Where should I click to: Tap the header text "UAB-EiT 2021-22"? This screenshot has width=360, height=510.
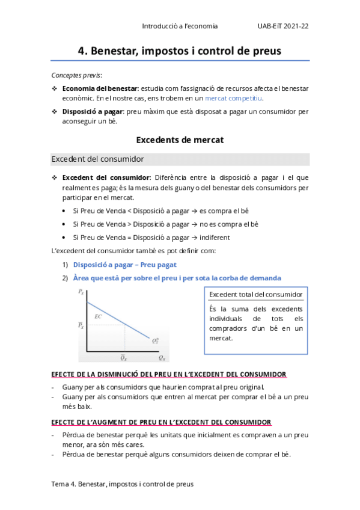click(283, 26)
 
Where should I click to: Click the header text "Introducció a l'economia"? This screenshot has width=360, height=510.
click(180, 26)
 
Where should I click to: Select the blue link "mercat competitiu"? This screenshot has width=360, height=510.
click(234, 98)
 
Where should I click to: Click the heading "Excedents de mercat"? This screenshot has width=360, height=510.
click(180, 140)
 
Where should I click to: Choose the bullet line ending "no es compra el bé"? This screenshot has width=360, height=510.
click(165, 224)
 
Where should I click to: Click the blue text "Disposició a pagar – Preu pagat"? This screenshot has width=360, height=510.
click(124, 265)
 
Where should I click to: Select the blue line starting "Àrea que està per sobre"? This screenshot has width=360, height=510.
click(177, 278)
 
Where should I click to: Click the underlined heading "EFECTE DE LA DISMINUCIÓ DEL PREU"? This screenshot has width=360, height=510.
click(168, 374)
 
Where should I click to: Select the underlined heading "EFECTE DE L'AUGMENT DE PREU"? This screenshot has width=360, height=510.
click(161, 422)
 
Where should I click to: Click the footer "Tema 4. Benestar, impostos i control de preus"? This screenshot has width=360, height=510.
click(123, 483)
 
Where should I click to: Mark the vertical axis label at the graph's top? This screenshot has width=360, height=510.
click(81, 292)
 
